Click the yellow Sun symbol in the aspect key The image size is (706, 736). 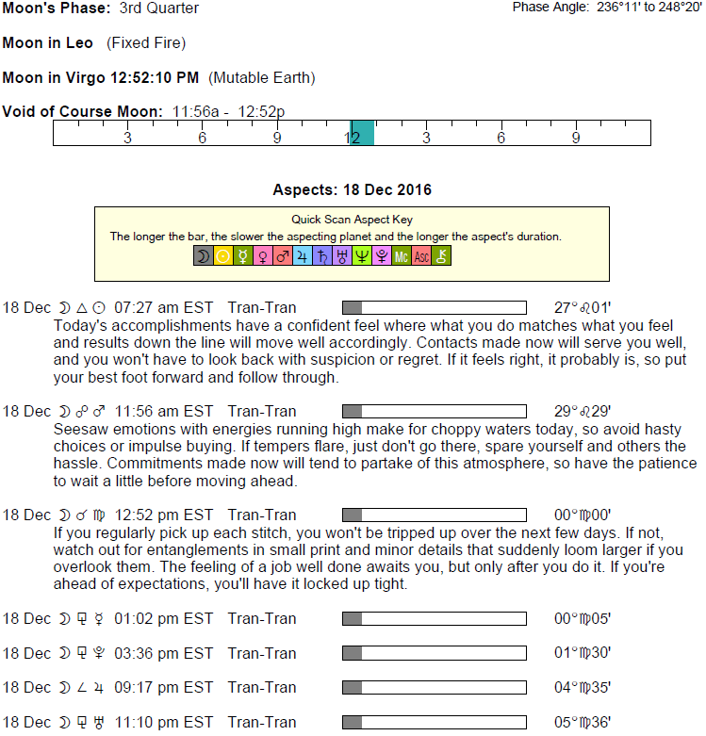223,255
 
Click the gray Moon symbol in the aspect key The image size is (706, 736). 204,255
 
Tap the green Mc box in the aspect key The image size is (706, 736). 402,255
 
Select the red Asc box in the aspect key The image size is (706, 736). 421,255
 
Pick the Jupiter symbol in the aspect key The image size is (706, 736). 303,255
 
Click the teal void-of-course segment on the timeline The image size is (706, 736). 363,133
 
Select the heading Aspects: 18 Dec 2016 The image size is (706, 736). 352,189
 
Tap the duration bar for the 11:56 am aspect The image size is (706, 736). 434,411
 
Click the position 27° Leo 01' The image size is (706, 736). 583,307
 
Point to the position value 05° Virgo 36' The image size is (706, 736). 583,722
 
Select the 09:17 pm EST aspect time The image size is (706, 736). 163,687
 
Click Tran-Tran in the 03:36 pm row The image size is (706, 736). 262,653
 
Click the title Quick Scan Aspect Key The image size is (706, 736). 352,220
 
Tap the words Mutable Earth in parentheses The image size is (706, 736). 261,77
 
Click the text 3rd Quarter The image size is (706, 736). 159,8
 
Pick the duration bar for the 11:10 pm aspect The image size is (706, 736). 434,722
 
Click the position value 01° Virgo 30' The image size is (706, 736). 583,653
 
